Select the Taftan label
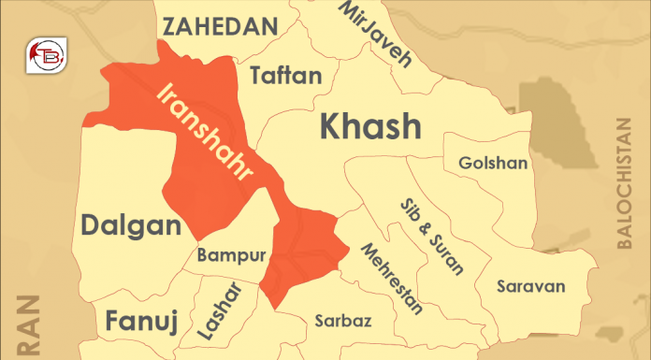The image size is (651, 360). [286, 79]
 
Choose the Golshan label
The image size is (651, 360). [493, 163]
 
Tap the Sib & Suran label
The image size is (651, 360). [430, 236]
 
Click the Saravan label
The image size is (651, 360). [529, 285]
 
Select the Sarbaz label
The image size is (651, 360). [343, 322]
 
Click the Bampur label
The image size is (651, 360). [232, 255]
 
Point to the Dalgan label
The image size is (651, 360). [130, 225]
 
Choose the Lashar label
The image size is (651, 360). [219, 310]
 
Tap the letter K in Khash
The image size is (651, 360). [332, 126]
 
